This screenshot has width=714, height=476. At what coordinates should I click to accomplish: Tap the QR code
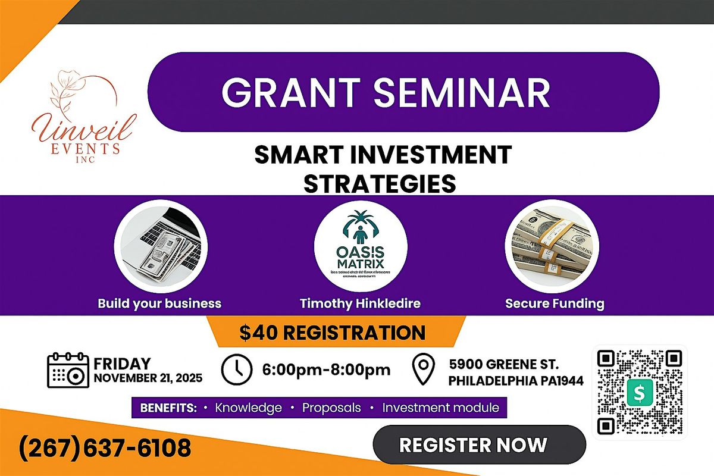pyautogui.click(x=640, y=392)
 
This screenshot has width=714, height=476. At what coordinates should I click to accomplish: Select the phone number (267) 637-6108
pyautogui.click(x=105, y=447)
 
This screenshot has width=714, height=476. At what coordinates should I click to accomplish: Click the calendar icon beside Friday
pyautogui.click(x=67, y=370)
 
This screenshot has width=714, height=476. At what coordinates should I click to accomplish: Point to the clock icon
pyautogui.click(x=236, y=370)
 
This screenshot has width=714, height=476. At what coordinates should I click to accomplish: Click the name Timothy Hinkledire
pyautogui.click(x=360, y=303)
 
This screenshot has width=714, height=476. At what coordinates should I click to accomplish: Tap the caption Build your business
pyautogui.click(x=159, y=303)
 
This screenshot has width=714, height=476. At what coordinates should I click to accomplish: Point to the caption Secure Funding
pyautogui.click(x=555, y=303)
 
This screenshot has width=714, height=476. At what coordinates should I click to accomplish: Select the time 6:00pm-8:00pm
pyautogui.click(x=327, y=370)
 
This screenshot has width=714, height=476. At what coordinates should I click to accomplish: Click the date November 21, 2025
pyautogui.click(x=147, y=378)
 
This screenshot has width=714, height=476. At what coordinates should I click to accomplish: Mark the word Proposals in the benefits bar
pyautogui.click(x=331, y=408)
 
